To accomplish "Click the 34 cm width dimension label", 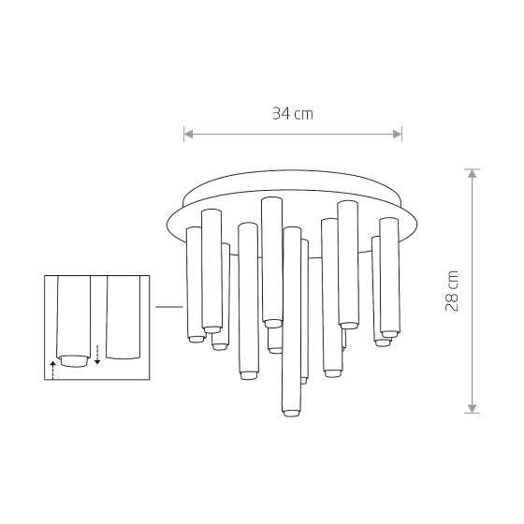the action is click(x=293, y=113).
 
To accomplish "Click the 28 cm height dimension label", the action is click(x=452, y=291).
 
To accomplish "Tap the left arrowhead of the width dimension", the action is click(x=188, y=135).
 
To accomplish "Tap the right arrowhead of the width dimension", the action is click(x=397, y=135).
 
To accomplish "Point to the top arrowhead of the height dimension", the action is click(x=472, y=173).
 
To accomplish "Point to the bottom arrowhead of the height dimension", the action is click(x=472, y=408).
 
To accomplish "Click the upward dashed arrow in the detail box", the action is click(x=52, y=370).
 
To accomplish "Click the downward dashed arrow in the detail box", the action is click(x=97, y=355).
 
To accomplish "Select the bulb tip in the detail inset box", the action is click(x=74, y=361).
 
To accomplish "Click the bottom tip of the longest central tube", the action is click(x=291, y=413).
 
